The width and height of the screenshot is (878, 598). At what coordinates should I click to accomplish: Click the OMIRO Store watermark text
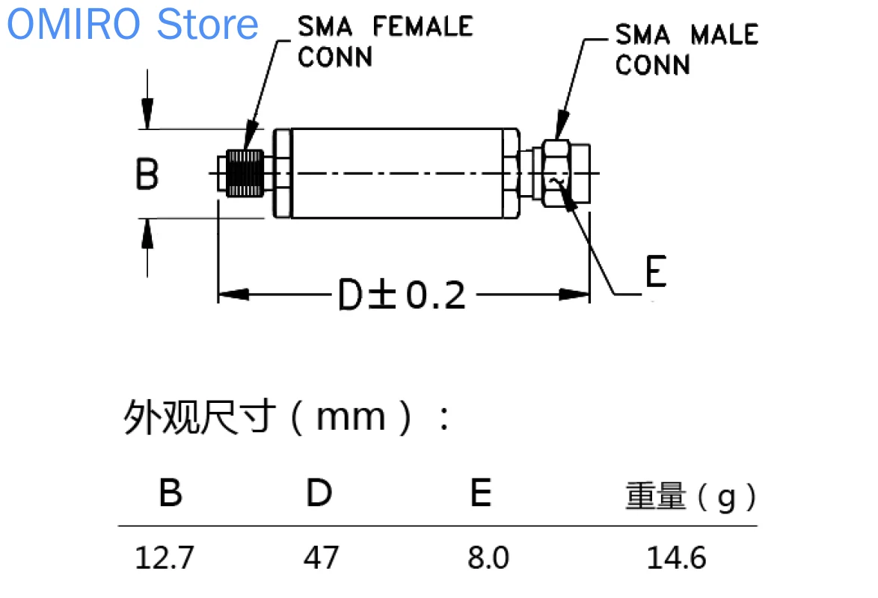(133, 24)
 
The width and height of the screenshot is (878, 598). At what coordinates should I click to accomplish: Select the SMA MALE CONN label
(686, 49)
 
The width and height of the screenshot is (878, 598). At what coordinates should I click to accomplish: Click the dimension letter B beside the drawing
(147, 174)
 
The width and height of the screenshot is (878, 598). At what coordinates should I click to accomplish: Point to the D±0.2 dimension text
(402, 295)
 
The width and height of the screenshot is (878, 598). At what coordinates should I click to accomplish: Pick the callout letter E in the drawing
(654, 271)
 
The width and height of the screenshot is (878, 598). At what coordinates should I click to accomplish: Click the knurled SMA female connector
(245, 173)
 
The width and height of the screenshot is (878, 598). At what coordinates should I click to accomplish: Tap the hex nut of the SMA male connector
(557, 173)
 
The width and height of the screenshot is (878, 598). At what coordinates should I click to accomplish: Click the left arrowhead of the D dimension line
(232, 295)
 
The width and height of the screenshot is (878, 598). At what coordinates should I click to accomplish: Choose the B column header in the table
(171, 493)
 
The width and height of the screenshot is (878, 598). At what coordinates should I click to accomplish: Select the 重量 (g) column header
(690, 496)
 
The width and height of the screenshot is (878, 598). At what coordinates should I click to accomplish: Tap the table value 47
(321, 558)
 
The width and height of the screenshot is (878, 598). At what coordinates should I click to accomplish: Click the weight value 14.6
(676, 558)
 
